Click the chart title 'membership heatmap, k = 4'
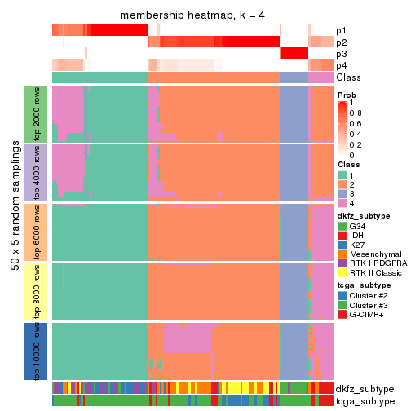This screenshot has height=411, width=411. click(x=192, y=16)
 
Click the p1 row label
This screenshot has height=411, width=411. click(x=341, y=31)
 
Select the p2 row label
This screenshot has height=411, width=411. click(x=341, y=42)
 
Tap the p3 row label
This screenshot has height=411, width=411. click(x=341, y=54)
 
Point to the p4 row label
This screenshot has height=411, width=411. click(x=341, y=65)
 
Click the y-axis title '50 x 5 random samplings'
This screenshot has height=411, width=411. click(x=14, y=232)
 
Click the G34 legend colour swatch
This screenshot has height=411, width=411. click(x=342, y=226)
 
